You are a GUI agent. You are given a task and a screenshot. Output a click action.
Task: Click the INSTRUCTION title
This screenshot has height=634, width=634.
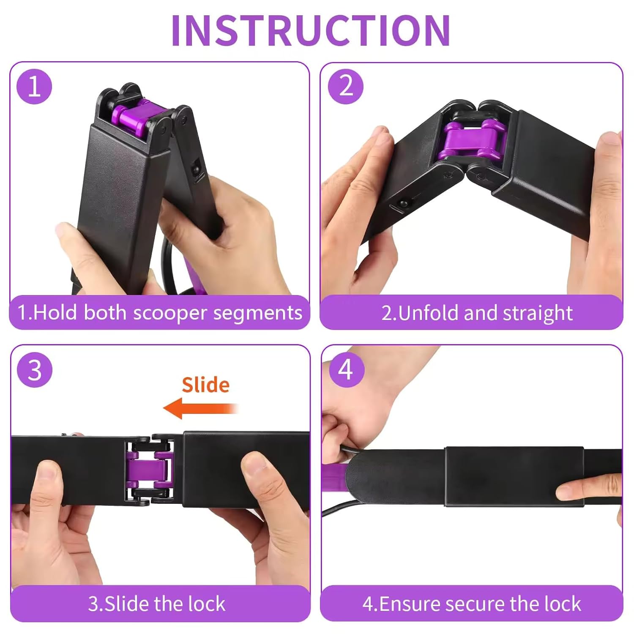(x=311, y=30)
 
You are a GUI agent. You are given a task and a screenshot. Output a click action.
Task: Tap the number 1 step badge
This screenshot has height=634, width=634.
(x=34, y=87)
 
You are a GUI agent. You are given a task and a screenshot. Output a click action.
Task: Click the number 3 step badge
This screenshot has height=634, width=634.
(x=35, y=370)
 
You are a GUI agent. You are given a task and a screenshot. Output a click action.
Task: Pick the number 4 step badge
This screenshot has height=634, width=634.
(x=346, y=369)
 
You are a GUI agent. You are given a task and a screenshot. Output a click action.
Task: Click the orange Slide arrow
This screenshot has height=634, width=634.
(x=201, y=408)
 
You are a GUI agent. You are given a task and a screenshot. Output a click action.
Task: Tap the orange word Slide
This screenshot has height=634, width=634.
(x=206, y=385)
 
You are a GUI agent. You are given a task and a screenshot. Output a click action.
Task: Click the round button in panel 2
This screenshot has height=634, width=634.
(x=402, y=204)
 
